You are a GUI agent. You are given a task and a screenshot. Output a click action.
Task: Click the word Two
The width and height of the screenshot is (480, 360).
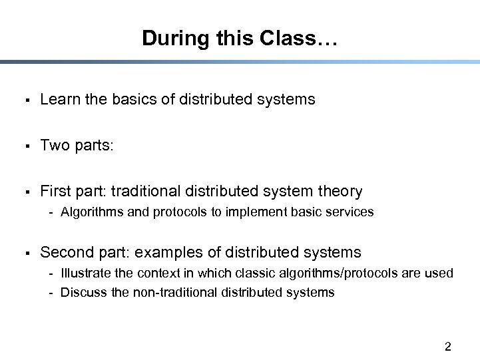53,146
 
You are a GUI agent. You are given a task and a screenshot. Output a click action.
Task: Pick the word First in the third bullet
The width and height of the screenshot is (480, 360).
55,192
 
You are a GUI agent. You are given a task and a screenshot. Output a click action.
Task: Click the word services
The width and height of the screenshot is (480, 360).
352,212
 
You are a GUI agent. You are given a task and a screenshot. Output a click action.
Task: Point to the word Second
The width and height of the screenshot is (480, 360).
65,253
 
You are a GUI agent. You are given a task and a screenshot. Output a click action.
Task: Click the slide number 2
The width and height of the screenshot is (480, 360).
447,347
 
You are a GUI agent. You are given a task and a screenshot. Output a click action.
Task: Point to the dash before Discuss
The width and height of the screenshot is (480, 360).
51,293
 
